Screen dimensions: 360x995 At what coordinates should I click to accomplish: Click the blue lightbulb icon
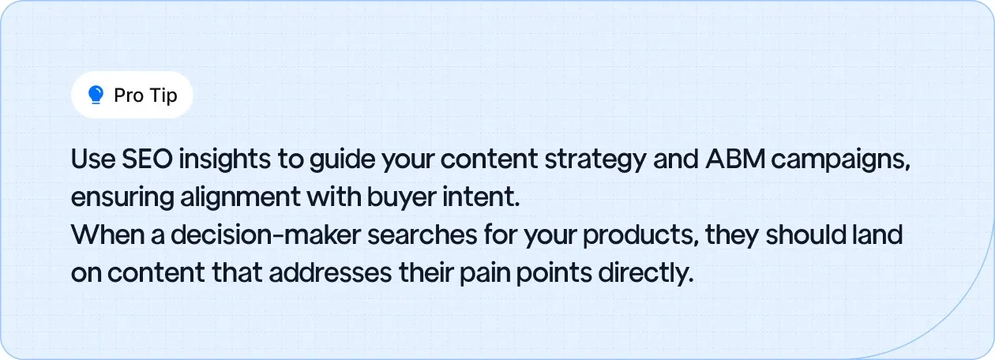96,96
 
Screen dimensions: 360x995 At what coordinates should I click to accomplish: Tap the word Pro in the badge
129,96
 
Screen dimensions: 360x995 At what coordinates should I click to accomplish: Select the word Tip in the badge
163,96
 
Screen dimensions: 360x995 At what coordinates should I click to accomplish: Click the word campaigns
844,160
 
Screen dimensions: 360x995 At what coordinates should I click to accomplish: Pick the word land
877,234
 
